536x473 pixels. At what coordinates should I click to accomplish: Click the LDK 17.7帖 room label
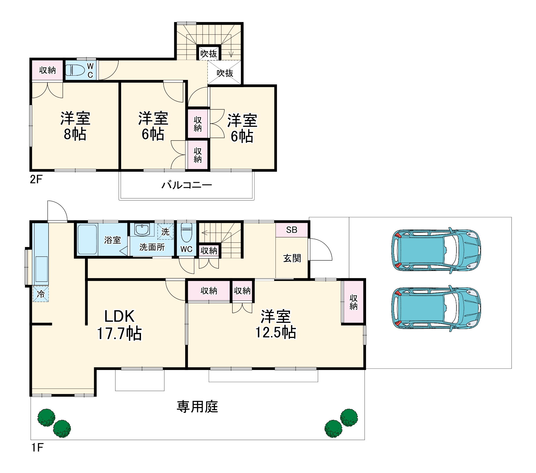pos(119,325)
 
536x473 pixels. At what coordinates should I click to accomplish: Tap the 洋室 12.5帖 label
pos(276,324)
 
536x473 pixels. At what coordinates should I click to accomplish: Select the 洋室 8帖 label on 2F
pos(75,126)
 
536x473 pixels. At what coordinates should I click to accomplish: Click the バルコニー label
pos(187,185)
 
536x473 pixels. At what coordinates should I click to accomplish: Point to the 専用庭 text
pos(197,407)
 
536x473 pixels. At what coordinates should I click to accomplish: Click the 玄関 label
pos(292,258)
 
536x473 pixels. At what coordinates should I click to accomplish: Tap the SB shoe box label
pos(292,230)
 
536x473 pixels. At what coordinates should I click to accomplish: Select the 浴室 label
pos(113,240)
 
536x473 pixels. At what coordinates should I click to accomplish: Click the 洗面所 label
pos(152,247)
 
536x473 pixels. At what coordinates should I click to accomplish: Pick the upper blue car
pos(436,250)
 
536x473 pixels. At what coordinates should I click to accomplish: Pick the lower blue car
pos(436,308)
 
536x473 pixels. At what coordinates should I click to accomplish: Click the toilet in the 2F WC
pos(75,70)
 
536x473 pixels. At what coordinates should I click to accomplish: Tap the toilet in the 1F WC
pos(187,232)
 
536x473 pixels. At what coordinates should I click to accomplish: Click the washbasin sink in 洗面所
pos(142,230)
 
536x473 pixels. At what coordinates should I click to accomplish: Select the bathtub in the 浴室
pos(87,239)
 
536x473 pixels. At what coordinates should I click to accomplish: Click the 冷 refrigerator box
pos(41,294)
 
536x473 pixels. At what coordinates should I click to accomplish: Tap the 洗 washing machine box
pos(165,231)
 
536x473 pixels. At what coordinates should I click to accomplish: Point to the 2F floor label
pos(36,179)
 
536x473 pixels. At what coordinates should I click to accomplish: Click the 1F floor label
pos(37,448)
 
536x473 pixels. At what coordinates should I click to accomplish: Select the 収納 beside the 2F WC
pos(47,70)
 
